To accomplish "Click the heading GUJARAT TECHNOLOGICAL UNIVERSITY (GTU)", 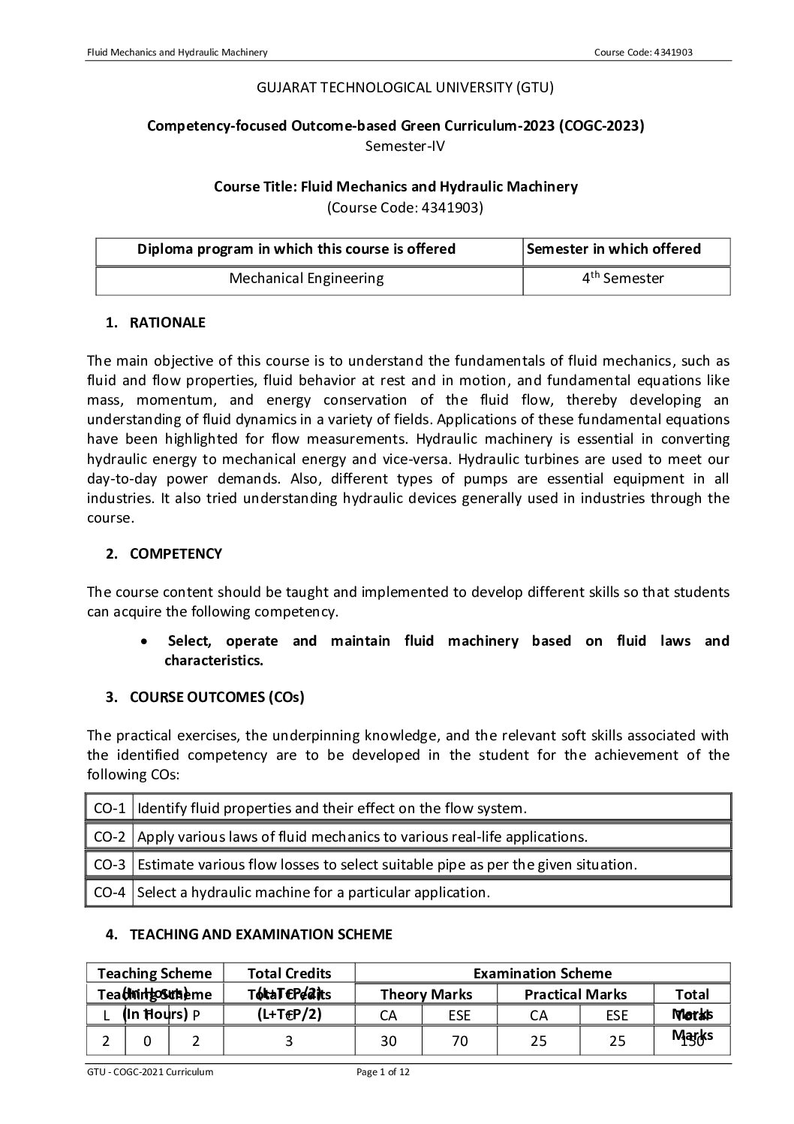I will [x=405, y=88].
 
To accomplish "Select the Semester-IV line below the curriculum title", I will [x=405, y=146].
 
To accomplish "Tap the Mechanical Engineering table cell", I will [x=306, y=279].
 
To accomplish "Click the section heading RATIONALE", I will [x=167, y=323].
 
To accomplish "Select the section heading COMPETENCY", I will [x=176, y=554].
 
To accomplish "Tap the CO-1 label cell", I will [x=110, y=809].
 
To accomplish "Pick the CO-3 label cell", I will [x=110, y=864].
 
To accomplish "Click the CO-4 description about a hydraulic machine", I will [x=314, y=892].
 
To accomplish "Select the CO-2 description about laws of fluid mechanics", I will [x=362, y=836].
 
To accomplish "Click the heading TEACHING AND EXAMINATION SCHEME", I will [x=261, y=934].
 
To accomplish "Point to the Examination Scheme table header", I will [x=542, y=973].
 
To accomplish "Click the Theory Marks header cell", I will [x=426, y=994].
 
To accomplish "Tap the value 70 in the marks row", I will [x=459, y=1041].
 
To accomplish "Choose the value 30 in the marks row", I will [x=388, y=1041].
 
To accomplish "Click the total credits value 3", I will [x=289, y=1041].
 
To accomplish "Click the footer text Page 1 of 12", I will [x=383, y=1071].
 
